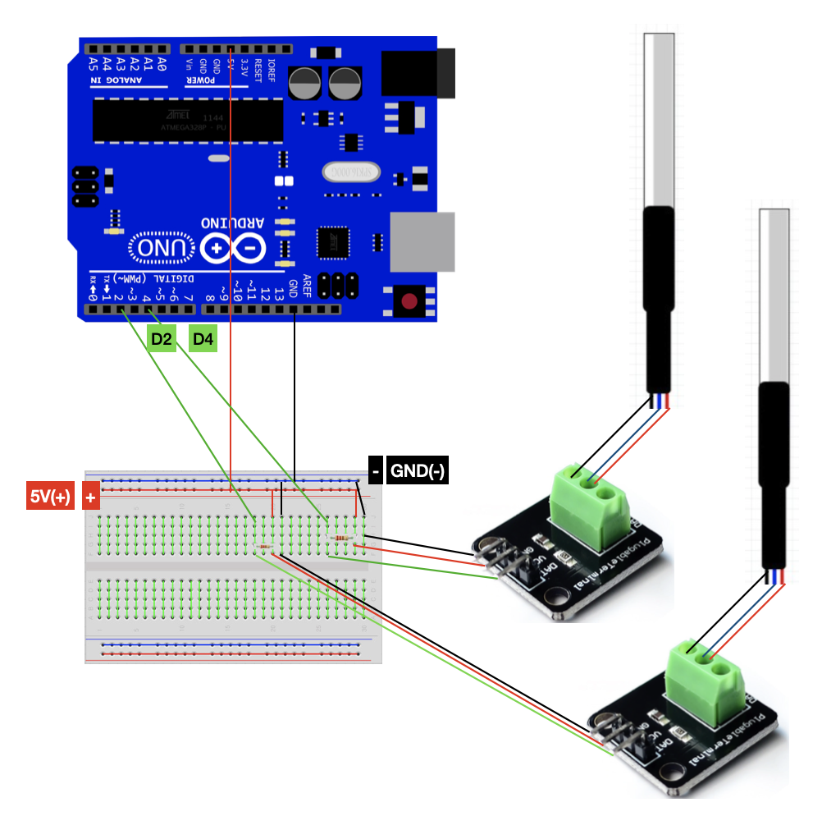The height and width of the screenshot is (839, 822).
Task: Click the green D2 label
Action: point(162,339)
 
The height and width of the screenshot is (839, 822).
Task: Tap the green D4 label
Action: point(203,339)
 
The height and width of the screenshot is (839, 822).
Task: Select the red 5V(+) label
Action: point(52,497)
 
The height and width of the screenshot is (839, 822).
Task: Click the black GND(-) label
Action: point(418,471)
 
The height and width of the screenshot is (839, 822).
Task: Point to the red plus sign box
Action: point(90,497)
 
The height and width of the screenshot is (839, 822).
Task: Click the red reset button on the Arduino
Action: point(409,301)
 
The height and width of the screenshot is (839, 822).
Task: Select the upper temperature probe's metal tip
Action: point(659,119)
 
